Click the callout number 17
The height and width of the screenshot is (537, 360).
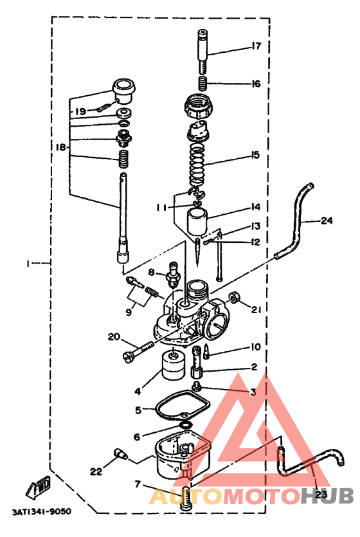256,46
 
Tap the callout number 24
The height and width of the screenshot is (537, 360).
327,221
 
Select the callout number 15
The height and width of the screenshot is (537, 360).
256,155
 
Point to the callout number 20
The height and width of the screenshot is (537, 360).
114,337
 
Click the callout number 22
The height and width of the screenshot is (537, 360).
96,471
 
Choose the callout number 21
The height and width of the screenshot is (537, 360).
256,309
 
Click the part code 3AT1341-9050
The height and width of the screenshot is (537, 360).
41,512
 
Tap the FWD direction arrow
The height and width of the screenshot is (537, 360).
40,487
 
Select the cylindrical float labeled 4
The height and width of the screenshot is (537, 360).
171,368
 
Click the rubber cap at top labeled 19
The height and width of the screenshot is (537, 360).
124,89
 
